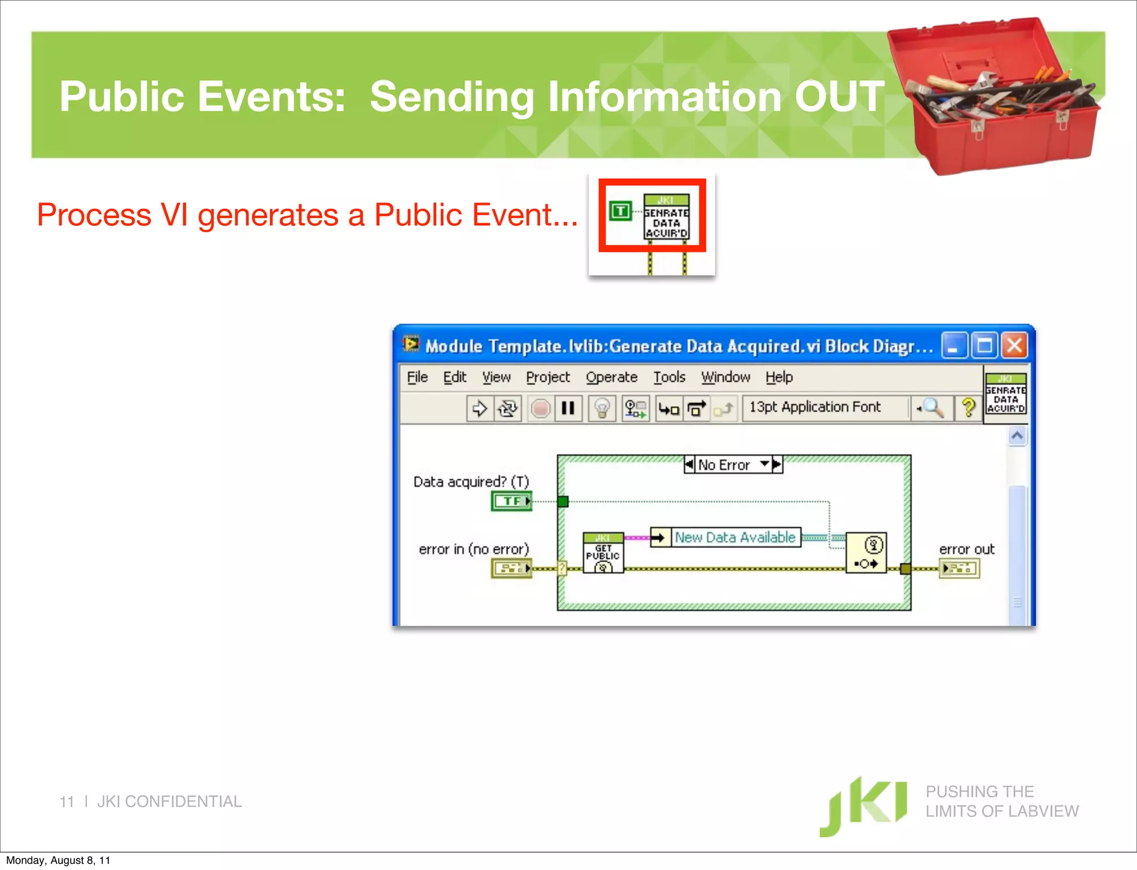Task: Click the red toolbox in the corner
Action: pyautogui.click(x=994, y=97)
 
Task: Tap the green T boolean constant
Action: pyautogui.click(x=620, y=211)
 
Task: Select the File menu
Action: pyautogui.click(x=417, y=377)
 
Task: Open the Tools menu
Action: pyautogui.click(x=669, y=377)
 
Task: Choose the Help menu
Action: pyautogui.click(x=779, y=377)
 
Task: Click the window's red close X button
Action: pyautogui.click(x=1014, y=346)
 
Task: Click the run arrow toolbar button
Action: pyautogui.click(x=479, y=409)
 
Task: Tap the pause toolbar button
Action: pyautogui.click(x=568, y=409)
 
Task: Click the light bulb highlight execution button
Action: pyautogui.click(x=602, y=409)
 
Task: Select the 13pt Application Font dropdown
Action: pyautogui.click(x=826, y=408)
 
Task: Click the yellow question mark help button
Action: pyautogui.click(x=968, y=408)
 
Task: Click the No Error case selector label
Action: pyautogui.click(x=724, y=465)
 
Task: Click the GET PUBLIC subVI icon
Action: pyautogui.click(x=603, y=553)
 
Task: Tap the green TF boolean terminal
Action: pyautogui.click(x=511, y=501)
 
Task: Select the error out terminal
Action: pyautogui.click(x=959, y=568)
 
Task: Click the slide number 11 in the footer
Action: pyautogui.click(x=67, y=802)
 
